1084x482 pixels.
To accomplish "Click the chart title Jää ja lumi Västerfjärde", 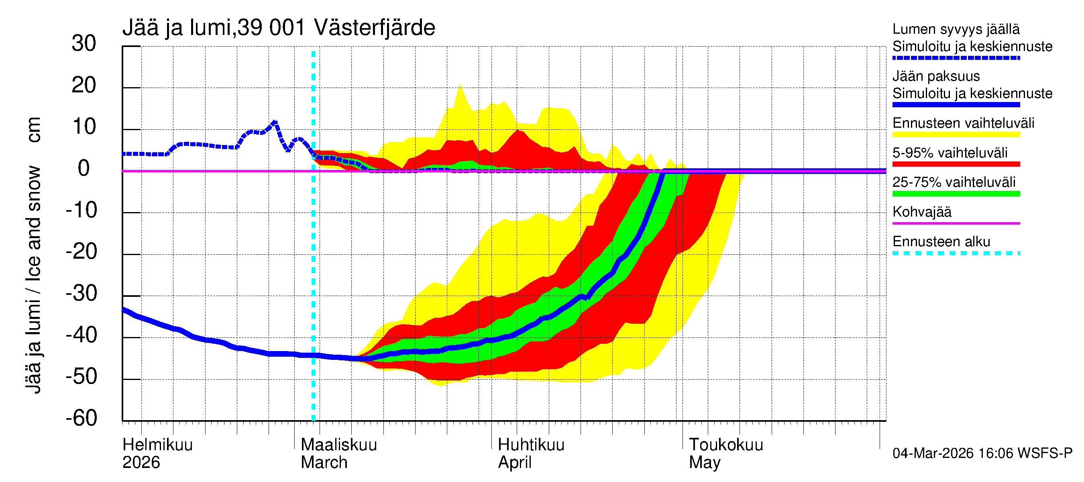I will coord(278,28).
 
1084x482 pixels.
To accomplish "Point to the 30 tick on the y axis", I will coord(84,44).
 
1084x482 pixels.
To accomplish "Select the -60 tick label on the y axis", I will coord(81,418).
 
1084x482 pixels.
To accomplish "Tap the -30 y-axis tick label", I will coord(81,293).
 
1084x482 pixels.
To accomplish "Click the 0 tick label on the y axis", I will coord(84,168).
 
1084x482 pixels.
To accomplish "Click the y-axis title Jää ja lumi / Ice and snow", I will coord(33,255).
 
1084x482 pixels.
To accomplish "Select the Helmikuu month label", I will coord(157,445).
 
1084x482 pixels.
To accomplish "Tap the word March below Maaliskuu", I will coord(324,462).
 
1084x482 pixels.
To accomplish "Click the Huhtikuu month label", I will coord(531,445).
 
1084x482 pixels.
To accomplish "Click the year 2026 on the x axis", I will coord(141,462).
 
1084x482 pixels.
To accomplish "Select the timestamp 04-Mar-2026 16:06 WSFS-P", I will coord(982,453).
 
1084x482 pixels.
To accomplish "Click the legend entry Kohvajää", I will coord(921,212).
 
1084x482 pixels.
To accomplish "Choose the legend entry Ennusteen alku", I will coord(941,242).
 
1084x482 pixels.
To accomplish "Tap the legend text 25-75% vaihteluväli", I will coord(954,182).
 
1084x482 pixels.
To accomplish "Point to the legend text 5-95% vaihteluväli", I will coord(950,153).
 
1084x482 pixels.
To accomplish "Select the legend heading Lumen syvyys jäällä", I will coord(956,29).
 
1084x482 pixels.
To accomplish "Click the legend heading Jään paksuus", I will coord(936,76).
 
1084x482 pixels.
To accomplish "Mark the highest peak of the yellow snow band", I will coord(460,84).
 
